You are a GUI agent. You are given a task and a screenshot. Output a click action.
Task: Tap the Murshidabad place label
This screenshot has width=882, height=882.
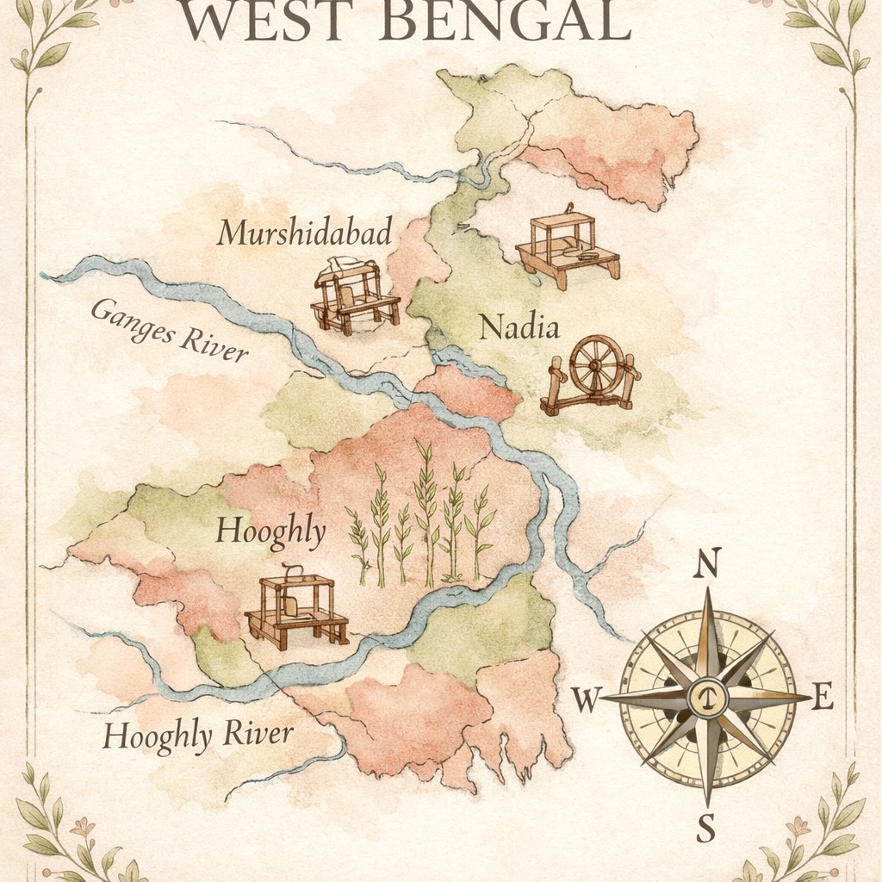pyautogui.click(x=304, y=232)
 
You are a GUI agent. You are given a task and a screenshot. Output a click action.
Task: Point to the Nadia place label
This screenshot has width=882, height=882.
pyautogui.click(x=519, y=327)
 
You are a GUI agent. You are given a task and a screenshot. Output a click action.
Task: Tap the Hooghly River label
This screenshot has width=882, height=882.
pyautogui.click(x=198, y=735)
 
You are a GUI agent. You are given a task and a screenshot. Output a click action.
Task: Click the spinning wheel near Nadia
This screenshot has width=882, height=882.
pyautogui.click(x=593, y=376)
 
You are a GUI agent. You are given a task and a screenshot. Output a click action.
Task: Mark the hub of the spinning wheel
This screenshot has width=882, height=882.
pyautogui.click(x=596, y=365)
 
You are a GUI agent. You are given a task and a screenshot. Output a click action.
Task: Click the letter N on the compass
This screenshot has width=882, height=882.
pyautogui.click(x=707, y=564)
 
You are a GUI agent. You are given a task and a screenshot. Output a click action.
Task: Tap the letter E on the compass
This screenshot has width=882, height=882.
pyautogui.click(x=823, y=699)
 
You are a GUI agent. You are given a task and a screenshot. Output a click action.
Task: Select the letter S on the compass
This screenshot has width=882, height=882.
pyautogui.click(x=705, y=829)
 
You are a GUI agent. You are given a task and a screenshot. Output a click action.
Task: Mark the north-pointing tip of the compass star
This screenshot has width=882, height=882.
pyautogui.click(x=707, y=591)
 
